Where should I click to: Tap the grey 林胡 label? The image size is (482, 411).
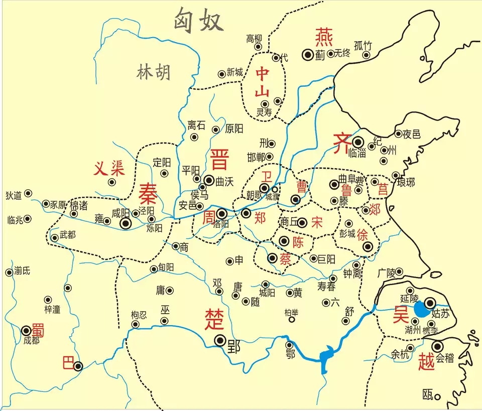coord(154,72)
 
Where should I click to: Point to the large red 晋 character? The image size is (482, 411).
coord(219,159)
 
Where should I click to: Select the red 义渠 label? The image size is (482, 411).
coord(108,169)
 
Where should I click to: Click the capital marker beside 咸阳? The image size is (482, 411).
coord(126,223)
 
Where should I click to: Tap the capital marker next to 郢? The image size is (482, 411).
coord(220,341)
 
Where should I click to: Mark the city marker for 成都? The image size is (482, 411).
coord(27,331)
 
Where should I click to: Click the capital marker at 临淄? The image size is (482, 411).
coord(357,142)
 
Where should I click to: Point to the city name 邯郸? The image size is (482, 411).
coord(257,157)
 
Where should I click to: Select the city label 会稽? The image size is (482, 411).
coord(445,358)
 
